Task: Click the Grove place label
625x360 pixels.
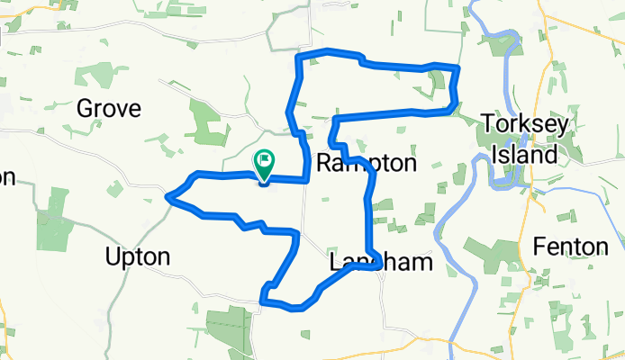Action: pos(109,109)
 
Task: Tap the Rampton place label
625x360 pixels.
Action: pos(367,164)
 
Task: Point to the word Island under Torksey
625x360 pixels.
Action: pos(531,154)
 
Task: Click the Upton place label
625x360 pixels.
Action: pos(137,256)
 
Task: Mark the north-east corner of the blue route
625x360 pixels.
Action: pos(458,67)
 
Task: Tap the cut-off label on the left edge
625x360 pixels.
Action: pos(7,177)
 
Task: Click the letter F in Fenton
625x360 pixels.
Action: pos(539,245)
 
